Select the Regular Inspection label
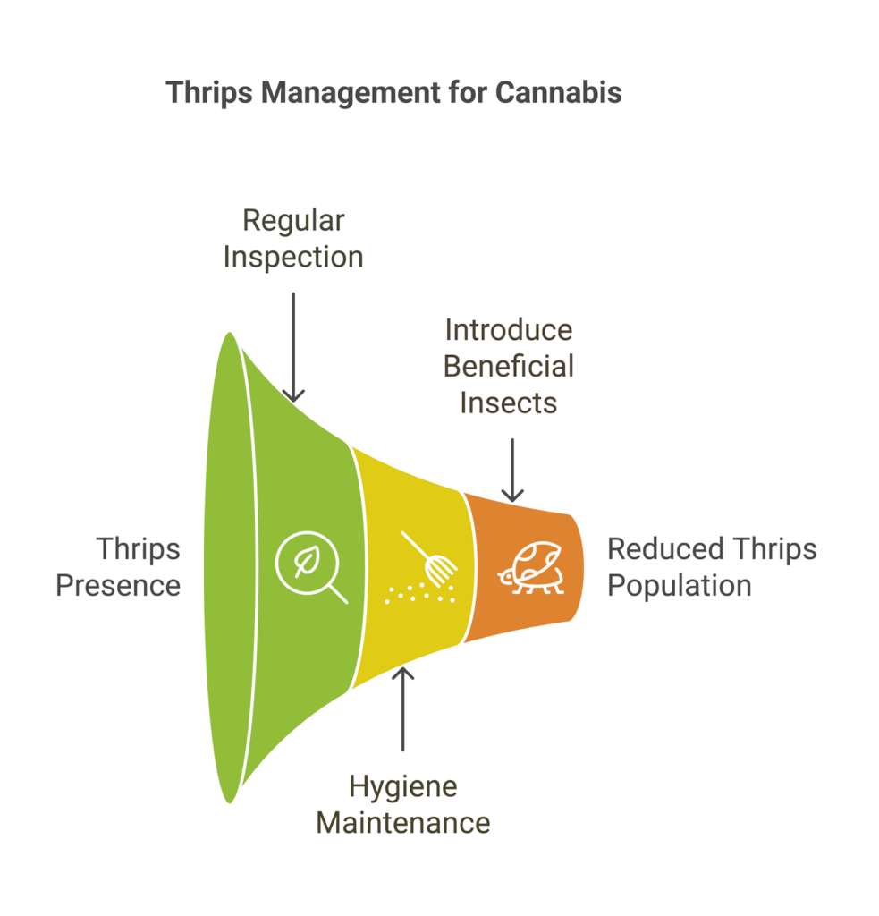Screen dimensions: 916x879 click(293, 239)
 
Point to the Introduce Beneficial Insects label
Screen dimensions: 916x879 click(509, 366)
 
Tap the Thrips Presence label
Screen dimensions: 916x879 click(119, 567)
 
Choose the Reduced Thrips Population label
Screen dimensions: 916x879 click(712, 567)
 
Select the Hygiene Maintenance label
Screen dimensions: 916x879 click(403, 804)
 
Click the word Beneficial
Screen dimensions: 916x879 click(509, 366)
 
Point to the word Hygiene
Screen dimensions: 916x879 click(403, 786)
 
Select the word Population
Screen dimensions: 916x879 click(680, 586)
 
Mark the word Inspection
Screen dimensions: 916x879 click(293, 258)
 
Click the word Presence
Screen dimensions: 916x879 click(119, 586)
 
